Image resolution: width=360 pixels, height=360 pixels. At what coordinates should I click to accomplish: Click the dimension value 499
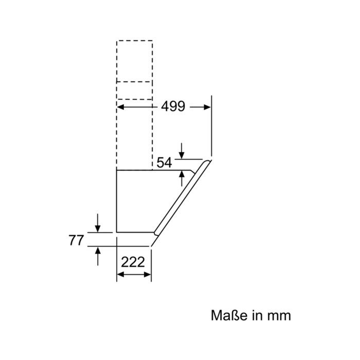point(173,106)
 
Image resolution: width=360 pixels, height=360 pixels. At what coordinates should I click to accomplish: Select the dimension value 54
point(164,163)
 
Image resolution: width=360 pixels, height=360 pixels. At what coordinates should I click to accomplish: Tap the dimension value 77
point(76,240)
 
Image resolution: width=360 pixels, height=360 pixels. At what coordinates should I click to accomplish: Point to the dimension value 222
point(133,262)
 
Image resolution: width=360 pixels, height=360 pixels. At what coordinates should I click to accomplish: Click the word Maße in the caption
point(229,315)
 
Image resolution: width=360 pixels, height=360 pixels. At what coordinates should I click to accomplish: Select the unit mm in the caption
point(279,316)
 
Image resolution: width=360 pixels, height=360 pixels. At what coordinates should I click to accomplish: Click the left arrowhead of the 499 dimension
point(121,107)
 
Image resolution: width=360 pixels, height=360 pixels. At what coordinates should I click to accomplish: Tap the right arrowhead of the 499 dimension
point(207,107)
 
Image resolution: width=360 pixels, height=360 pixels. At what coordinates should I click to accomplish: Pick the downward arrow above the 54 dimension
point(182,151)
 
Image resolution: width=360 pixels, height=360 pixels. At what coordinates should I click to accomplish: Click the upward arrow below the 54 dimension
point(182,178)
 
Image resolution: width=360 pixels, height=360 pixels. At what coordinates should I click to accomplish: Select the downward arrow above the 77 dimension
point(98,223)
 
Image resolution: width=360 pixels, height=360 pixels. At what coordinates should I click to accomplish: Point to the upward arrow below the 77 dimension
point(98,256)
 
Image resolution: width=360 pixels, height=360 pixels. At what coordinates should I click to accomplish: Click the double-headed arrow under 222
point(134,274)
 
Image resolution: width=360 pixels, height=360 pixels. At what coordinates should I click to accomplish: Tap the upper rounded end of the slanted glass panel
point(208,161)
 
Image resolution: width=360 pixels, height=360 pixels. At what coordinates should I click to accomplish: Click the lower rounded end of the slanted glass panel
point(156,233)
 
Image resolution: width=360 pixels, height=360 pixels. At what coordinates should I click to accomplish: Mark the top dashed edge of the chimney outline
point(135,41)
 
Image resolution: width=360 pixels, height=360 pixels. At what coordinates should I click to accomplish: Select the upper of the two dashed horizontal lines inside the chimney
point(134,81)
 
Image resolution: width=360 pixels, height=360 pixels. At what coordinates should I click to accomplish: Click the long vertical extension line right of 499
point(211,126)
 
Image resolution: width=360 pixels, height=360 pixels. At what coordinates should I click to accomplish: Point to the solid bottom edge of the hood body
point(135,232)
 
